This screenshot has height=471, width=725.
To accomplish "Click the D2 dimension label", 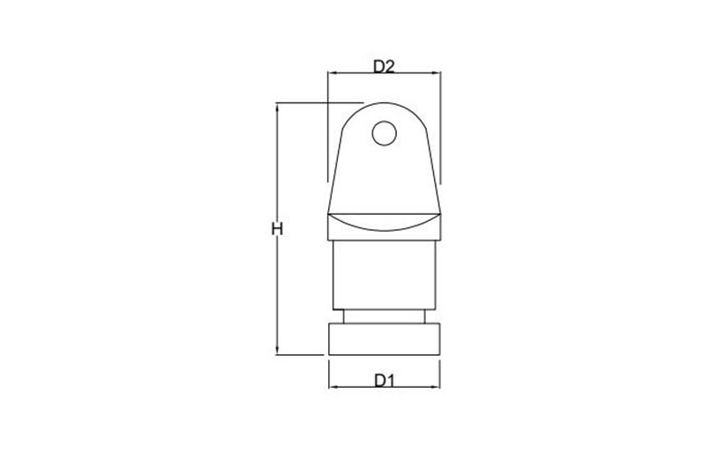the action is point(383,66).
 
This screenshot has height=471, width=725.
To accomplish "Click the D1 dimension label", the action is point(384,380).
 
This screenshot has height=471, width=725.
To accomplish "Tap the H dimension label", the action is point(276,229).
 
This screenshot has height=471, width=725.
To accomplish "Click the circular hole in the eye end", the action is point(384,133).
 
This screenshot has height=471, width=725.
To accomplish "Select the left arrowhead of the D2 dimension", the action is point(332,73).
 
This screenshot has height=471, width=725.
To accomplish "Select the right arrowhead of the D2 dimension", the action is point(436,73).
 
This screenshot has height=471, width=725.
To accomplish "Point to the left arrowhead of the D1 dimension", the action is point(333,387).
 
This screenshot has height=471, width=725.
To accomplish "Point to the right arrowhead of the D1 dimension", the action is point(435,387).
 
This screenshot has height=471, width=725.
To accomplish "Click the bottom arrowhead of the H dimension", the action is point(277,350).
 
